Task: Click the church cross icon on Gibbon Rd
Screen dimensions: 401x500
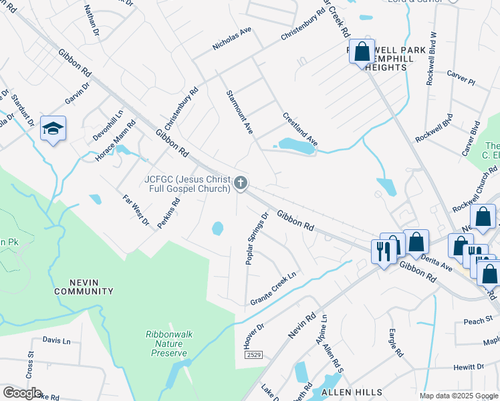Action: coord(241,182)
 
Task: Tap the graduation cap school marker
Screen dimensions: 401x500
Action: coord(53,128)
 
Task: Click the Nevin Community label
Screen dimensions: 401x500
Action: coord(84,287)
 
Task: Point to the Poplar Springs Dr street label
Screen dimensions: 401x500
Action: coord(257,239)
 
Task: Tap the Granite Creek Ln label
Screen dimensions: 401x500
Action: coord(273,289)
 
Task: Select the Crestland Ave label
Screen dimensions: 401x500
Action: coord(299,130)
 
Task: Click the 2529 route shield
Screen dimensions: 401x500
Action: coord(253,355)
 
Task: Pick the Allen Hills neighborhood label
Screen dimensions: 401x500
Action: coord(351,392)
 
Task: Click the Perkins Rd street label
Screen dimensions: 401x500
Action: coord(168,213)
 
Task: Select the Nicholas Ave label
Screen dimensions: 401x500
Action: coord(231,39)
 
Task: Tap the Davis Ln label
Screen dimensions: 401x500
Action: coord(56,340)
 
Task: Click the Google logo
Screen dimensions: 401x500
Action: coord(21,393)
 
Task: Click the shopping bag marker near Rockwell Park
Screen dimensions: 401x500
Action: coord(362,51)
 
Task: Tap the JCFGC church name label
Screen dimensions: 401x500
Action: coord(187,183)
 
